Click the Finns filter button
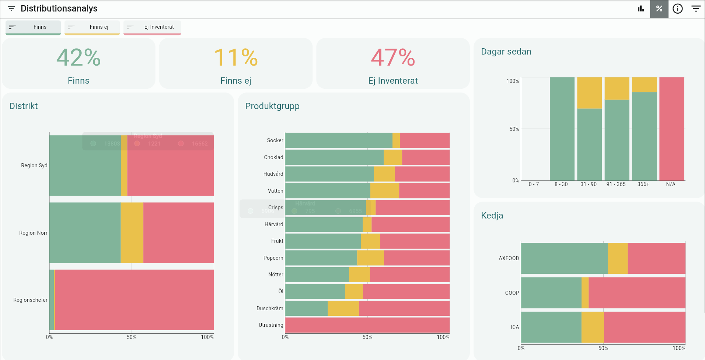click(x=33, y=27)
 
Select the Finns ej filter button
click(x=92, y=27)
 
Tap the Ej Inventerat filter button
click(x=152, y=27)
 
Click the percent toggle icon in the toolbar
click(x=659, y=8)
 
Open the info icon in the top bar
click(x=677, y=8)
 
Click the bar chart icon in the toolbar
click(x=641, y=8)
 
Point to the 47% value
click(x=393, y=57)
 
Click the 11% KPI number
click(x=236, y=57)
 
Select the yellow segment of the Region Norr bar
click(x=132, y=233)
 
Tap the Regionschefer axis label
click(x=30, y=300)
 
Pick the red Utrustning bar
click(x=367, y=325)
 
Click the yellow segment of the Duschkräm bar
click(x=343, y=308)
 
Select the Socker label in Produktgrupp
click(x=275, y=140)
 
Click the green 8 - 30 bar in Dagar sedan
click(x=562, y=129)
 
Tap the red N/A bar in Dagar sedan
click(x=671, y=129)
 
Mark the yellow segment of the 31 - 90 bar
click(x=589, y=93)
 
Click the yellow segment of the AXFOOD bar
click(x=617, y=258)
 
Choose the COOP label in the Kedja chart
click(x=512, y=293)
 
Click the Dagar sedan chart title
click(x=506, y=52)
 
